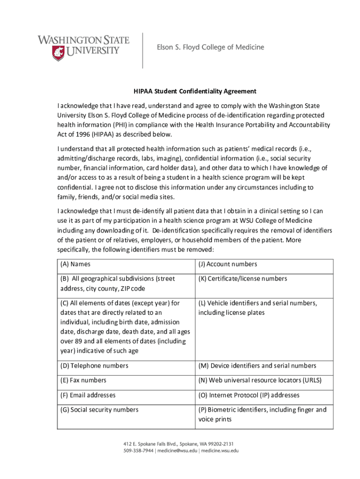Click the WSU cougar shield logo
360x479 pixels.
coord(59,53)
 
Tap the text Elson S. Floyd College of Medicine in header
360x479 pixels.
coord(210,47)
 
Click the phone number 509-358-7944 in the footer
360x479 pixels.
coord(139,451)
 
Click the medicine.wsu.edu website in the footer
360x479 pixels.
coord(221,451)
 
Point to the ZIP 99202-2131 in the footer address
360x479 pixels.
coord(219,443)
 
